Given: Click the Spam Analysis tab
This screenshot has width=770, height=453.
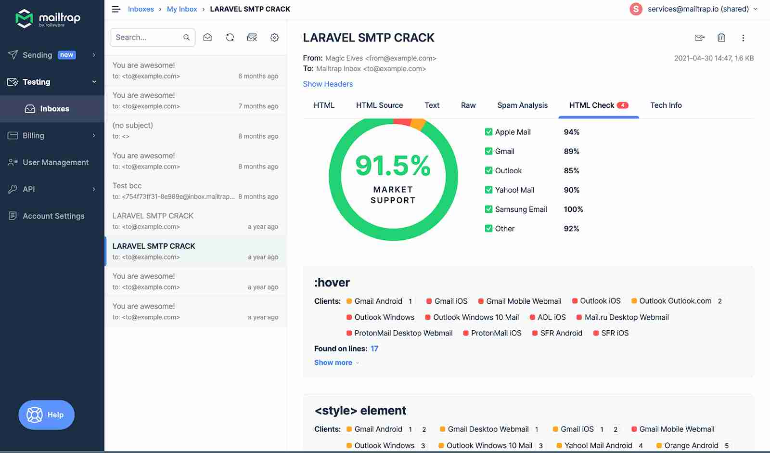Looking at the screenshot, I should click(x=522, y=105).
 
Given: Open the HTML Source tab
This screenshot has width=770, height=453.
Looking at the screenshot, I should click(x=379, y=105).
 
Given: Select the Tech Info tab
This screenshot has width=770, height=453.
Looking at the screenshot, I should click(x=666, y=105).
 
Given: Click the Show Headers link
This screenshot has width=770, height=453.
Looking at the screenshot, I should click(x=328, y=84).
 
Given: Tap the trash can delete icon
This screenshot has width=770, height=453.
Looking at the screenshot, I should click(x=721, y=38).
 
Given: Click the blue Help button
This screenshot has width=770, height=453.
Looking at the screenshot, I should click(x=47, y=414).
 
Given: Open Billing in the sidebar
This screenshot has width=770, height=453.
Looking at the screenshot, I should click(x=33, y=136).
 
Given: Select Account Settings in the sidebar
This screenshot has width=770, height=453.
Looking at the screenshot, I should click(x=53, y=216).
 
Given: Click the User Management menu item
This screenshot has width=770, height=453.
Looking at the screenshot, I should click(x=55, y=163).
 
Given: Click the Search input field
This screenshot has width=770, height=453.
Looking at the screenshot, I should click(x=147, y=38).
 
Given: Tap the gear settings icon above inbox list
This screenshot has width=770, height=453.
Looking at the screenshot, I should click(x=274, y=38).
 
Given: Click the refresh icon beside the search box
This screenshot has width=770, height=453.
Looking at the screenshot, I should click(x=230, y=38).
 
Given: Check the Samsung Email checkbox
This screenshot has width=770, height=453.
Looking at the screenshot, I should click(x=488, y=209).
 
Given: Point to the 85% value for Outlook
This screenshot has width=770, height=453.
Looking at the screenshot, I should click(x=571, y=171).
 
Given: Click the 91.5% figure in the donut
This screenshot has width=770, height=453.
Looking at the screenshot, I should click(x=393, y=166).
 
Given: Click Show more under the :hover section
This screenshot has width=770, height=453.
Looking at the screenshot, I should click(x=334, y=363).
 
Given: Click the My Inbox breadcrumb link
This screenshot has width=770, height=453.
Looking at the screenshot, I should click(x=182, y=9).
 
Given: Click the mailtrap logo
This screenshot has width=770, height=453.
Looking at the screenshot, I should click(x=48, y=19).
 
